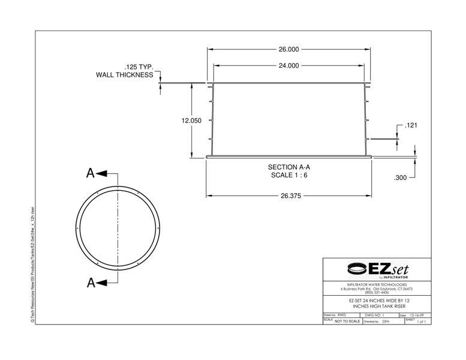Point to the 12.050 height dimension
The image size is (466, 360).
tap(191, 121)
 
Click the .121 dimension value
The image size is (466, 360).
tap(411, 125)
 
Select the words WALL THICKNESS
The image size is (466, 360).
tap(124, 75)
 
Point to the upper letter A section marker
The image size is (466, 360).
tap(91, 173)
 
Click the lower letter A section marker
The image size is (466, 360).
tap(91, 283)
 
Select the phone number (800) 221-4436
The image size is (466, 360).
tap(377, 292)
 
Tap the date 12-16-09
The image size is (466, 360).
tap(417, 314)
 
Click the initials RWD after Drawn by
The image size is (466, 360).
tap(342, 314)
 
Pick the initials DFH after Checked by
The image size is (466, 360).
tap(386, 322)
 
